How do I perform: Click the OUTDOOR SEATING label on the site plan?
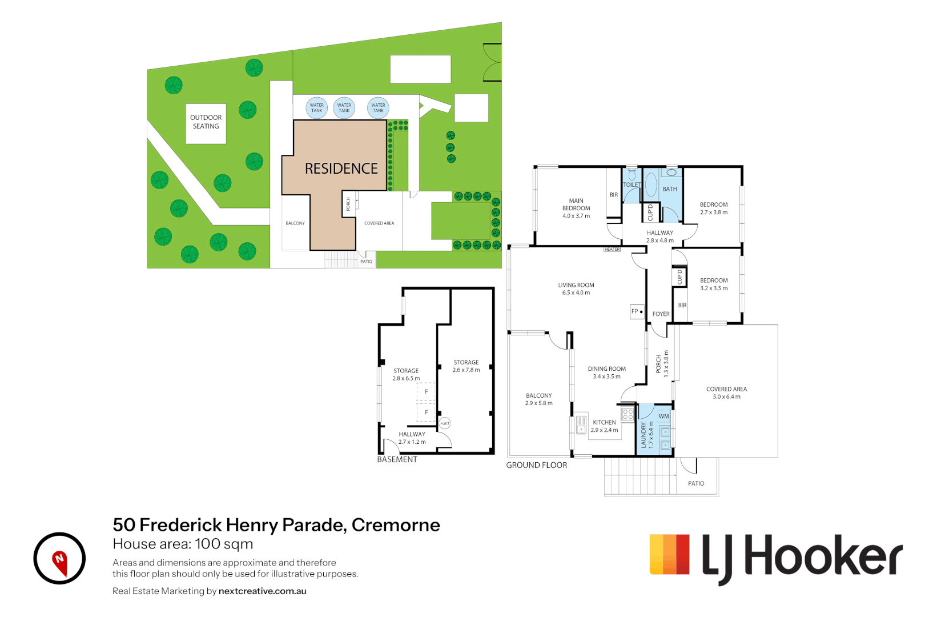[x=206, y=122]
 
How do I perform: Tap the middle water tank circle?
[x=344, y=107]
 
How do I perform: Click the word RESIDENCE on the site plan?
[x=341, y=169]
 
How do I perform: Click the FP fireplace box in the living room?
[x=637, y=311]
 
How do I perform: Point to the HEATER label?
[x=612, y=250]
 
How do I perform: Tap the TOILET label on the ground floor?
[x=632, y=185]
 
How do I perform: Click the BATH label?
[x=670, y=189]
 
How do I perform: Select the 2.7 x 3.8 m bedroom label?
[x=714, y=209]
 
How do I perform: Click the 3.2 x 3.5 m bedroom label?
[x=714, y=285]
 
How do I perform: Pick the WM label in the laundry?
[x=663, y=416]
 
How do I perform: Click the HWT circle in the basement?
[x=445, y=423]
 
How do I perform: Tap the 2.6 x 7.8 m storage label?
[x=466, y=366]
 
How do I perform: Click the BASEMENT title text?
[x=397, y=459]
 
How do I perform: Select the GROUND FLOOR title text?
[x=536, y=465]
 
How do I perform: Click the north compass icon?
[x=59, y=558]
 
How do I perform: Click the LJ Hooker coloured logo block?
[x=670, y=554]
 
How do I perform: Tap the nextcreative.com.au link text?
[x=262, y=591]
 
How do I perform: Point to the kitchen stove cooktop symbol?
[x=628, y=414]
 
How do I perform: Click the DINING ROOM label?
[x=606, y=372]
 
